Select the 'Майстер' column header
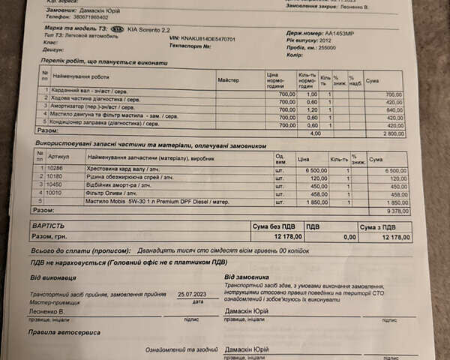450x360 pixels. [228, 79]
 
